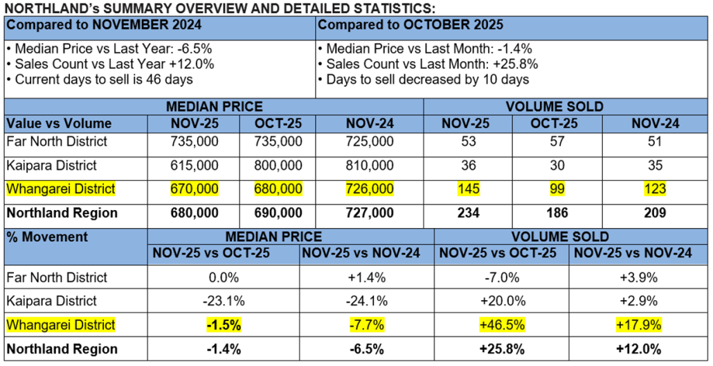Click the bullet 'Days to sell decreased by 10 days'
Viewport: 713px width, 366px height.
424,79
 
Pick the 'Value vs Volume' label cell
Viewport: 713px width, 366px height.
59,123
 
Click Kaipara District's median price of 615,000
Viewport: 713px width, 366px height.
194,166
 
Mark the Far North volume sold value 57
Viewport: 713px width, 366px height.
557,141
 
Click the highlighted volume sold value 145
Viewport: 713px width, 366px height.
469,189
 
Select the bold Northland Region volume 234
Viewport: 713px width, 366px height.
469,213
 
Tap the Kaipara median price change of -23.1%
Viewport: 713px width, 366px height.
223,302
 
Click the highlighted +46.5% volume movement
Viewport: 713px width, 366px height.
501,325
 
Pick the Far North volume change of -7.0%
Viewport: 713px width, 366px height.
501,277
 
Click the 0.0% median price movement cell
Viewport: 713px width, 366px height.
223,277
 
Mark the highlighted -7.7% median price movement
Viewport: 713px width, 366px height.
366,325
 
